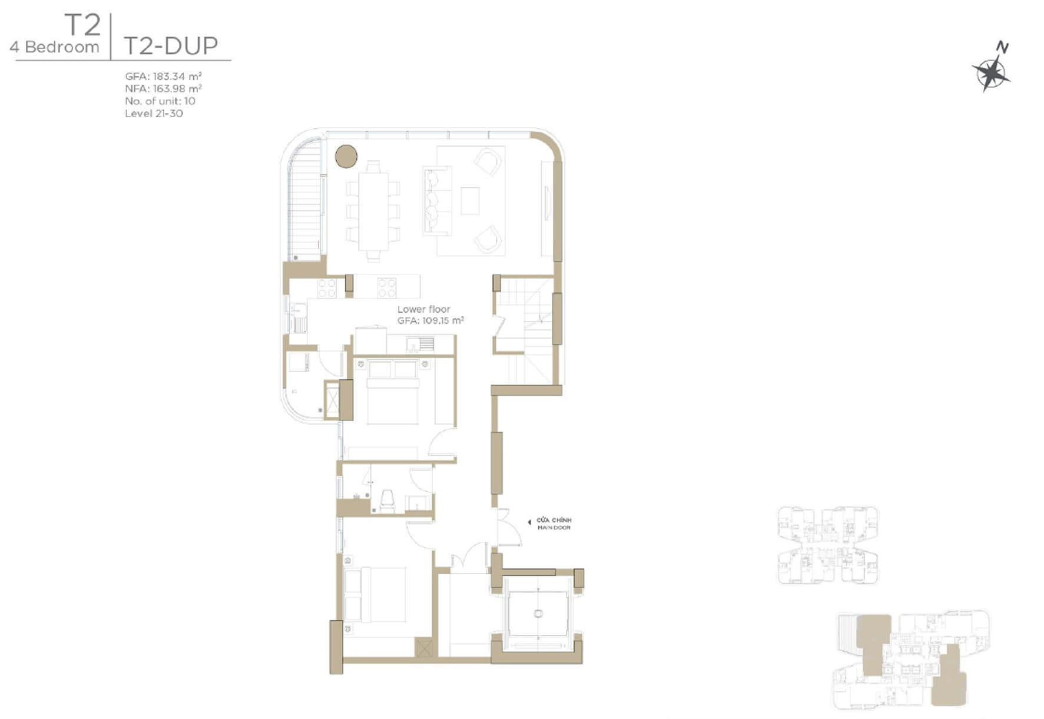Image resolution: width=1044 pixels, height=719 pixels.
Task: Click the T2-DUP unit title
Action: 171,45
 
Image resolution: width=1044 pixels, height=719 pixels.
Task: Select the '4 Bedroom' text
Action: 54,47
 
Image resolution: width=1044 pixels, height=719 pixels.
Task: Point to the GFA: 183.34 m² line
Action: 163,76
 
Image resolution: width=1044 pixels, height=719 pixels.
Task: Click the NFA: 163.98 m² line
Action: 163,88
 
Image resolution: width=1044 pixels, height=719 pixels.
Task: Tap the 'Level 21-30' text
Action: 154,113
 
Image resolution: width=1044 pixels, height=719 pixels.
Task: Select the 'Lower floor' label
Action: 423,309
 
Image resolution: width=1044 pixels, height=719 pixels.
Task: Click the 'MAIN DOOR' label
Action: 554,528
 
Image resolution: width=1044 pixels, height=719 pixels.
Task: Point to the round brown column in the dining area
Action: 346,157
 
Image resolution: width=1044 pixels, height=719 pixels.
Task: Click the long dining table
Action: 373,210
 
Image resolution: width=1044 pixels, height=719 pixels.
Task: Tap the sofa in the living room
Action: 436,200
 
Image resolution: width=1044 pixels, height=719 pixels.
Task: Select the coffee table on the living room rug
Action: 470,200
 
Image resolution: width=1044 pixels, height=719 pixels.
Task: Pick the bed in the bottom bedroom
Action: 374,594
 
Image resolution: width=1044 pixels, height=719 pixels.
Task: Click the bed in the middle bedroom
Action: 393,392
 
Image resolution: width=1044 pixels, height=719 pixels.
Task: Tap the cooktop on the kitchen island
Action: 386,287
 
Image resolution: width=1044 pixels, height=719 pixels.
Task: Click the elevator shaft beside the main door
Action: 538,613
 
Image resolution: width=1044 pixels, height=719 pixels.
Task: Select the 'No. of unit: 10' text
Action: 160,101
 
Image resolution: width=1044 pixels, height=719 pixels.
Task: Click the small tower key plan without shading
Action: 828,545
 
